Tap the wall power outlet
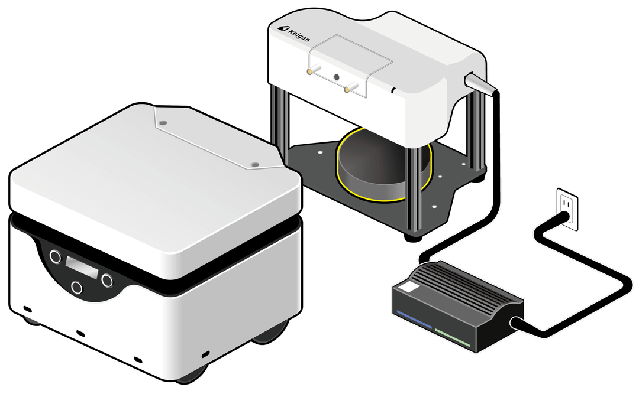pos(567,209)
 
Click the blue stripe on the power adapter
pos(414,320)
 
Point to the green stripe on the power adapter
pos(453,338)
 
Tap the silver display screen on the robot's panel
pos(82,268)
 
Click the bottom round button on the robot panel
pos(76,287)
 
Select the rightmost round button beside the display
pos(107,281)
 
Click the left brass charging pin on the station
pos(314,70)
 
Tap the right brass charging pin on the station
pos(351,87)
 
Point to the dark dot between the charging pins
pos(337,77)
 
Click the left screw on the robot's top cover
pos(163,122)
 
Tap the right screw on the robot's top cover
pos(255,164)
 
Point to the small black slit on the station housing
pos(393,90)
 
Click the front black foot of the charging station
pos(413,237)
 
